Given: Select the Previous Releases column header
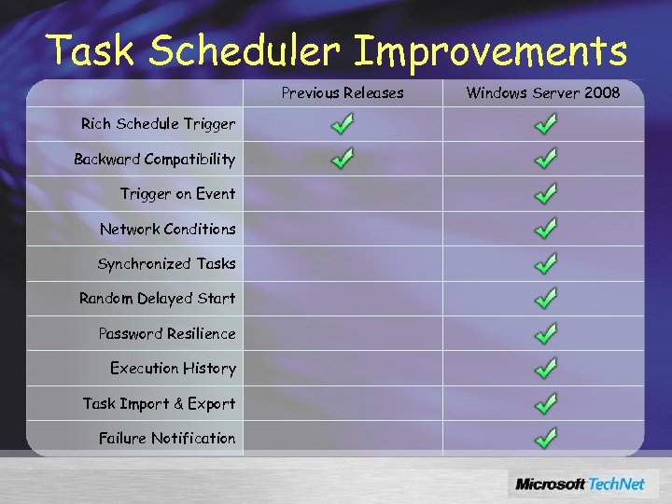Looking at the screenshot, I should point(343,92).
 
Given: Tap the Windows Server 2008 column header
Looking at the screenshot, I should point(542,92).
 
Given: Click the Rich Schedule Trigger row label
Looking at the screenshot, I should point(158,123).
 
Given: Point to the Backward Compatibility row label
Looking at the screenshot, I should point(154,159).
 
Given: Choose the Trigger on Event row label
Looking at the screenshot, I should point(177,193).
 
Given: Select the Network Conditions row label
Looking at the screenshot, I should point(167,229).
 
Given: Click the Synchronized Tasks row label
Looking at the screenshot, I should point(166,263).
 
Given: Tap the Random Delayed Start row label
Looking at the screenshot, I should point(157,299).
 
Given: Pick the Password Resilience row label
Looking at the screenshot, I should point(166,333).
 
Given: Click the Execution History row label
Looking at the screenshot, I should point(173,368).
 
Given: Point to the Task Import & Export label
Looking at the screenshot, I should point(159,403).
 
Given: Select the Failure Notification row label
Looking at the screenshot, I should point(166,438).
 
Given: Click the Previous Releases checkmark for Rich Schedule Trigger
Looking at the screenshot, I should point(343,123).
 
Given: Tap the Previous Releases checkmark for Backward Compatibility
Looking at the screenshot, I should point(343,159).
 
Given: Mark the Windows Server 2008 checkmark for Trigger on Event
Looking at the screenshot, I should point(547,193).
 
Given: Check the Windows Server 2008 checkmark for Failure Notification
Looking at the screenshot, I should point(547,437).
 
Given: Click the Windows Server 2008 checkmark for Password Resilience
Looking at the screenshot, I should point(547,333).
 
